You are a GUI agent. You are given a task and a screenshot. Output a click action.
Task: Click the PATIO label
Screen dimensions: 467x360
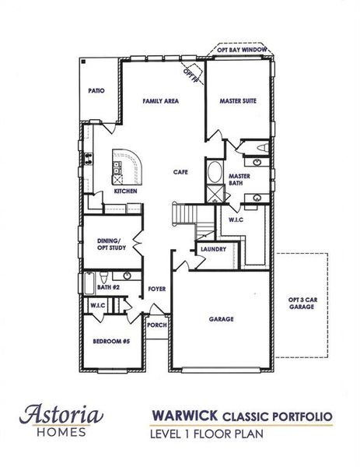coord(97,91)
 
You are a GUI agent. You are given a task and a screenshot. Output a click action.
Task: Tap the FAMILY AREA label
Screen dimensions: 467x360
coord(160,101)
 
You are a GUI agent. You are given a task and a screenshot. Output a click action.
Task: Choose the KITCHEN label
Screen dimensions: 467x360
coord(126,191)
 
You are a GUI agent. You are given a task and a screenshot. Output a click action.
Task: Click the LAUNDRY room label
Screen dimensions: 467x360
coord(212,249)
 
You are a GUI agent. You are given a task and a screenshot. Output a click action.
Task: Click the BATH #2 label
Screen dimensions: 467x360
coord(107,287)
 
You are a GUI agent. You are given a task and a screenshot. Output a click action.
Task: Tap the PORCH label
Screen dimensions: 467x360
coord(156,325)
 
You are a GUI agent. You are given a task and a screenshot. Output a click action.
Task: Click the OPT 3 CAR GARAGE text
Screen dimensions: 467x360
coord(301,303)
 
